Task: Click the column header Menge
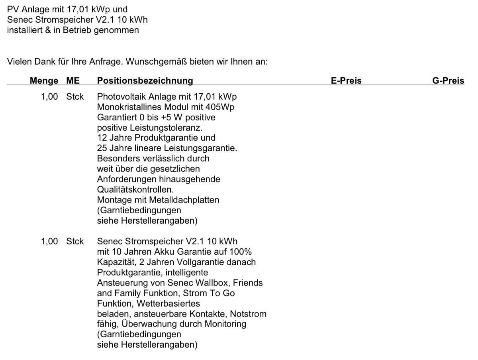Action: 44,81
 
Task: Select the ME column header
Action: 73,81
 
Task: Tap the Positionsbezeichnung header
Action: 145,81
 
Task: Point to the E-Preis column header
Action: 346,81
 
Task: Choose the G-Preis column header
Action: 448,81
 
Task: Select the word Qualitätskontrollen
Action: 135,189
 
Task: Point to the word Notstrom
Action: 248,314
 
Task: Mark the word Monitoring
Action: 225,324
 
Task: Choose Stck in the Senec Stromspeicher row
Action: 75,242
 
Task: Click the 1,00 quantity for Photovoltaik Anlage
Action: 49,96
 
